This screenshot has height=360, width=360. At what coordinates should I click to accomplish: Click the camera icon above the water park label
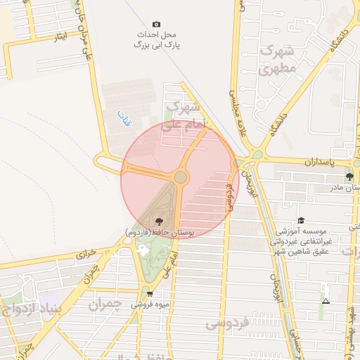click(156, 25)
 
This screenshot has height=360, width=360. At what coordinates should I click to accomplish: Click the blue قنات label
click(123, 117)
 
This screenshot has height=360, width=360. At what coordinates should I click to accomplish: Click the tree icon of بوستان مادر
click(349, 176)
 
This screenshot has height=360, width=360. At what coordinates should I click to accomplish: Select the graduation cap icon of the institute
click(301, 220)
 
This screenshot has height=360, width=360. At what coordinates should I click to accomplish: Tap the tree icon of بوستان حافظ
click(156, 220)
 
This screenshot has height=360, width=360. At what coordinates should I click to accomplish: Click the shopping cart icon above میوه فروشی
click(149, 294)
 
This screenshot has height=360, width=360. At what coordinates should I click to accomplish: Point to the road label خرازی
click(84, 252)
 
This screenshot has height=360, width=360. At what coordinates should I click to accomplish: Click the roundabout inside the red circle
click(181, 177)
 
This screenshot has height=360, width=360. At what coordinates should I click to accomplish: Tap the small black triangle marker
click(325, 301)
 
